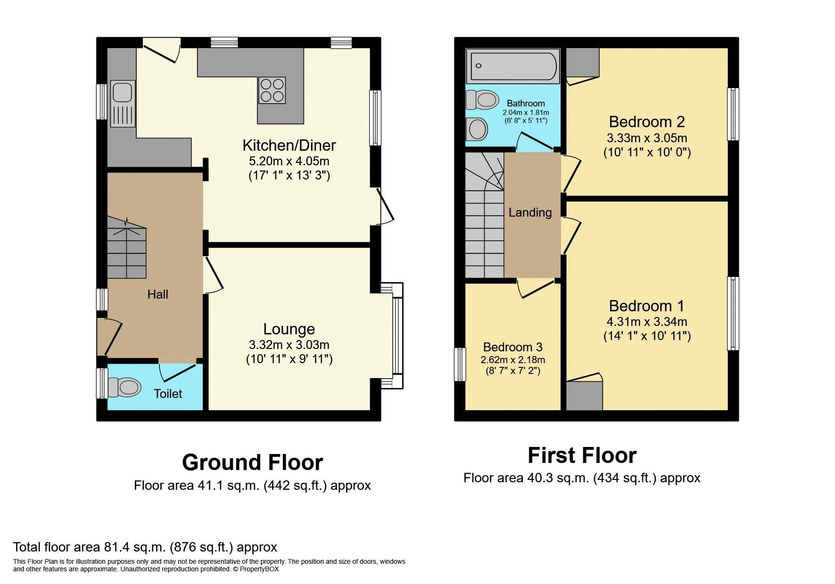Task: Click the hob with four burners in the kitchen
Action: point(272,90)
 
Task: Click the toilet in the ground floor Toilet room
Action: point(124,388)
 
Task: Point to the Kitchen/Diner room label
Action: point(289,145)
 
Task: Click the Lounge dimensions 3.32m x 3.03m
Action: point(289,344)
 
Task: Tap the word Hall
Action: point(157,294)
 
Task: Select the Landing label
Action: point(530,212)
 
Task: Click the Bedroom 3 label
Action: point(513,347)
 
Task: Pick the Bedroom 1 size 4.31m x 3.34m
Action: point(646,322)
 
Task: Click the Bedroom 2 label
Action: point(646,122)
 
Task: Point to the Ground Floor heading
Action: point(252,462)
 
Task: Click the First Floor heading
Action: point(582,455)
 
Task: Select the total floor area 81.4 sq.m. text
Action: point(145,547)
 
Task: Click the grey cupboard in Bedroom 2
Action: point(582,62)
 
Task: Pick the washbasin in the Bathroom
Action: point(477,129)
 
